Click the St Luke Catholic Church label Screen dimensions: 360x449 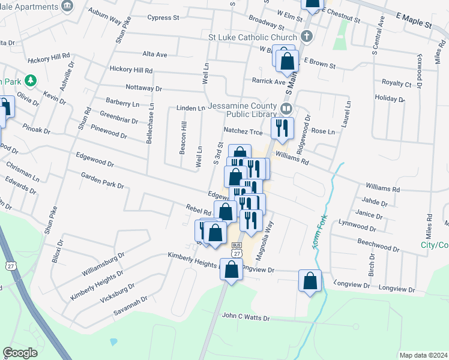pyautogui.click(x=252, y=37)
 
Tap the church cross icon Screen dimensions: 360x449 pyautogui.click(x=307, y=36)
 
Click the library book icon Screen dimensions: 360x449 pyautogui.click(x=286, y=109)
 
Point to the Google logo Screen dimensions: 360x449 pyautogui.click(x=20, y=353)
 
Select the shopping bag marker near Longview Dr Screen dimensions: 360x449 pyautogui.click(x=310, y=281)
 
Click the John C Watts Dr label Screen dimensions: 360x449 pyautogui.click(x=246, y=316)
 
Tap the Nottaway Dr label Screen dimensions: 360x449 pyautogui.click(x=143, y=88)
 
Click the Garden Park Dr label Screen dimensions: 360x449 pyautogui.click(x=103, y=181)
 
